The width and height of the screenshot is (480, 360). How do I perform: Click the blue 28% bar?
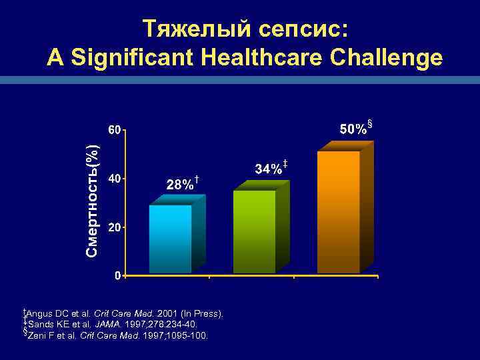(x=171, y=239)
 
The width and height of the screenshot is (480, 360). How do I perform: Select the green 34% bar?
(x=255, y=231)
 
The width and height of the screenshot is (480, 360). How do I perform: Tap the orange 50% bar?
(x=339, y=212)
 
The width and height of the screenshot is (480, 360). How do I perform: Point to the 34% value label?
(x=269, y=169)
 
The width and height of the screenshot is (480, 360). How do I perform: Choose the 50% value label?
(x=353, y=129)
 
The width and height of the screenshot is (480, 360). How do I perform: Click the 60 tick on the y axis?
(x=115, y=129)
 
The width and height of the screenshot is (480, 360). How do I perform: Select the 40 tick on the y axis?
(x=115, y=179)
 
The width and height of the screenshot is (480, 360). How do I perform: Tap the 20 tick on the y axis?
(x=115, y=227)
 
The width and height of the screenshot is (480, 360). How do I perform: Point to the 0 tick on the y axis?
(x=117, y=275)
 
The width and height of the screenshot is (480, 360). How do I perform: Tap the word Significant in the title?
(x=136, y=58)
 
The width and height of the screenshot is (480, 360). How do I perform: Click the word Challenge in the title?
(x=393, y=58)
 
